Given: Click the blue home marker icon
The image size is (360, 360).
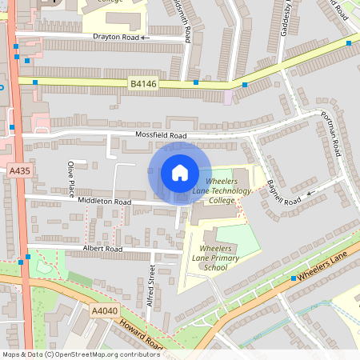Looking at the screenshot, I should [x=180, y=173].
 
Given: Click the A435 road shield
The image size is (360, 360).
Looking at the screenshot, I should [x=19, y=171].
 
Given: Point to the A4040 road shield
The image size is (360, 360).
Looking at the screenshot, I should [x=104, y=311].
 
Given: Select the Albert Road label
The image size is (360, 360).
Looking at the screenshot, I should [x=102, y=250].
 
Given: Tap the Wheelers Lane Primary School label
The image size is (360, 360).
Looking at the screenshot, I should [x=214, y=258].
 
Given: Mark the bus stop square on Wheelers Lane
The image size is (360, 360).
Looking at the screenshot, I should [x=294, y=278].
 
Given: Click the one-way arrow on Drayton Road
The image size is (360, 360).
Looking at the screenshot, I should [x=146, y=38].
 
